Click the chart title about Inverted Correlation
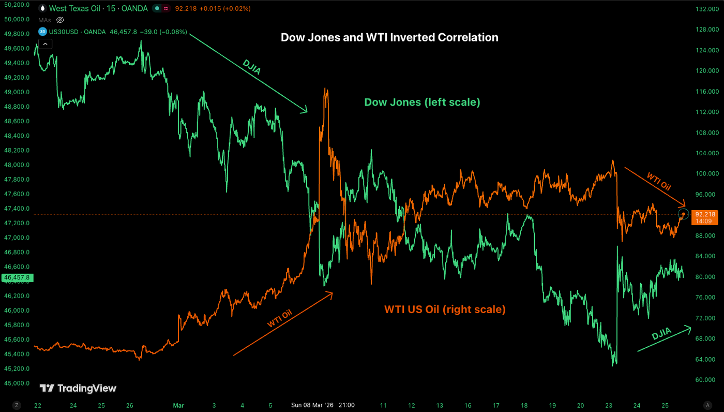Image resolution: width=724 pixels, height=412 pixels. pyautogui.click(x=389, y=37)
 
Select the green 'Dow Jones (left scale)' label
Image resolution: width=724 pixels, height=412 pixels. pyautogui.click(x=422, y=102)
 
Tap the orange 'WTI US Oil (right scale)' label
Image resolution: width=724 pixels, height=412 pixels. pyautogui.click(x=445, y=310)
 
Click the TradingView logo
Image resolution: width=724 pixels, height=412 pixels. pyautogui.click(x=78, y=388)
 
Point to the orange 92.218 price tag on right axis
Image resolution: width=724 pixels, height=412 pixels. pyautogui.click(x=705, y=214)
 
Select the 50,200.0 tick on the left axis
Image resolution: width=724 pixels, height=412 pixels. pyautogui.click(x=17, y=5)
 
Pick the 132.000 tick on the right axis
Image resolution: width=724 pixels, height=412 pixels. pyautogui.click(x=707, y=9)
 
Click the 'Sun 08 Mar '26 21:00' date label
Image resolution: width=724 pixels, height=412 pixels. pyautogui.click(x=323, y=405)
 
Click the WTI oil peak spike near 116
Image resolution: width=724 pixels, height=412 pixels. pyautogui.click(x=325, y=90)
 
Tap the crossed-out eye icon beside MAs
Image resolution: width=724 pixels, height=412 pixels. pyautogui.click(x=60, y=20)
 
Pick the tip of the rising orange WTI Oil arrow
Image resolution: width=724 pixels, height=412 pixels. pyautogui.click(x=332, y=293)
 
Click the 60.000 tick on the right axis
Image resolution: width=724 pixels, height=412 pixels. pyautogui.click(x=707, y=379)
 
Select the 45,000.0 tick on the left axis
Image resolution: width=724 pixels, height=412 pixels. pyautogui.click(x=17, y=384)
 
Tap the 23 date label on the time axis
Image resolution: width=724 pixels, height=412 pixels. pyautogui.click(x=609, y=405)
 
